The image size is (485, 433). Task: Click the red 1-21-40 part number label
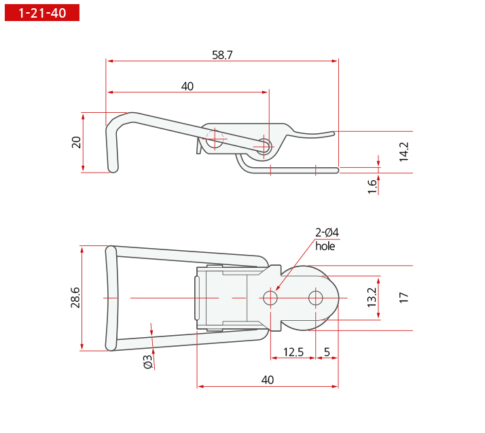tap(42, 13)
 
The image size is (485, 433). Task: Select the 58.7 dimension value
tap(222, 55)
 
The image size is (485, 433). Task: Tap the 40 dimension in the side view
tap(187, 86)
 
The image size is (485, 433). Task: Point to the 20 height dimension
tap(76, 142)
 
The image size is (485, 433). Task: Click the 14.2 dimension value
tap(403, 152)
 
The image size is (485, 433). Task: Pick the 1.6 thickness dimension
tap(372, 187)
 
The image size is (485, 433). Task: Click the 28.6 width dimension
tap(75, 298)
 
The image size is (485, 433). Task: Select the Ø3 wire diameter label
tap(148, 362)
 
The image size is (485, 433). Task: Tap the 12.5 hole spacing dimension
tap(293, 352)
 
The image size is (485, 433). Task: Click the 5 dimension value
tap(327, 352)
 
